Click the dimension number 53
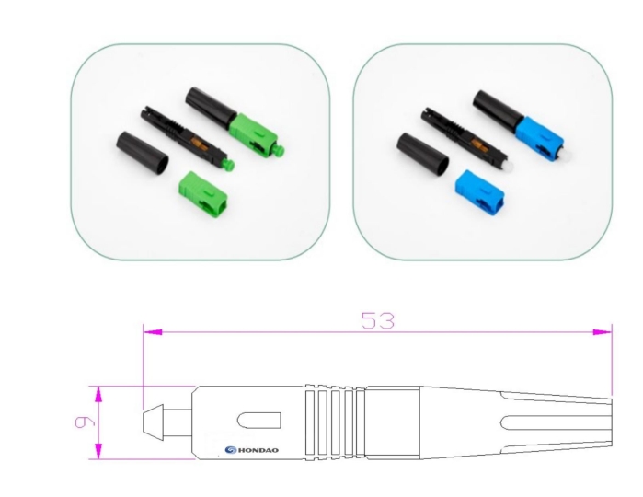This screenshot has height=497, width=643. [x=378, y=320]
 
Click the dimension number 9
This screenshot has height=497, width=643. [x=84, y=422]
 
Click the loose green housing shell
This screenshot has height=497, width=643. [x=204, y=192]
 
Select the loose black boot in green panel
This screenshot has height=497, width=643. [x=143, y=152]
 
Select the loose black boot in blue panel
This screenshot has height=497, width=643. [x=422, y=153]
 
